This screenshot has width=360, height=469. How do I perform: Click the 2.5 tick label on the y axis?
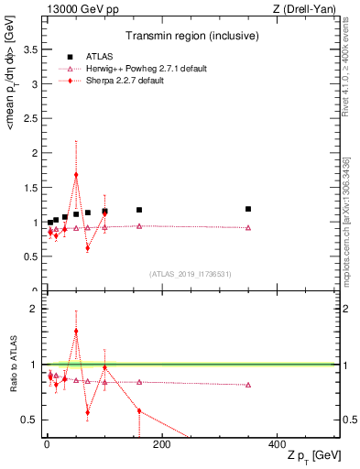30,118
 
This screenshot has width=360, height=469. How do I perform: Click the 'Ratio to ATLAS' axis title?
12,366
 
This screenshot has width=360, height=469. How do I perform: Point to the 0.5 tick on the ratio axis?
30,420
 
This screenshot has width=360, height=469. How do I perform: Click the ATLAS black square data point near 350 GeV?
248,209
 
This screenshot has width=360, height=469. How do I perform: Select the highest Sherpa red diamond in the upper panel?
76,174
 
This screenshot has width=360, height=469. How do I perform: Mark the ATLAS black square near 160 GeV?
139,210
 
